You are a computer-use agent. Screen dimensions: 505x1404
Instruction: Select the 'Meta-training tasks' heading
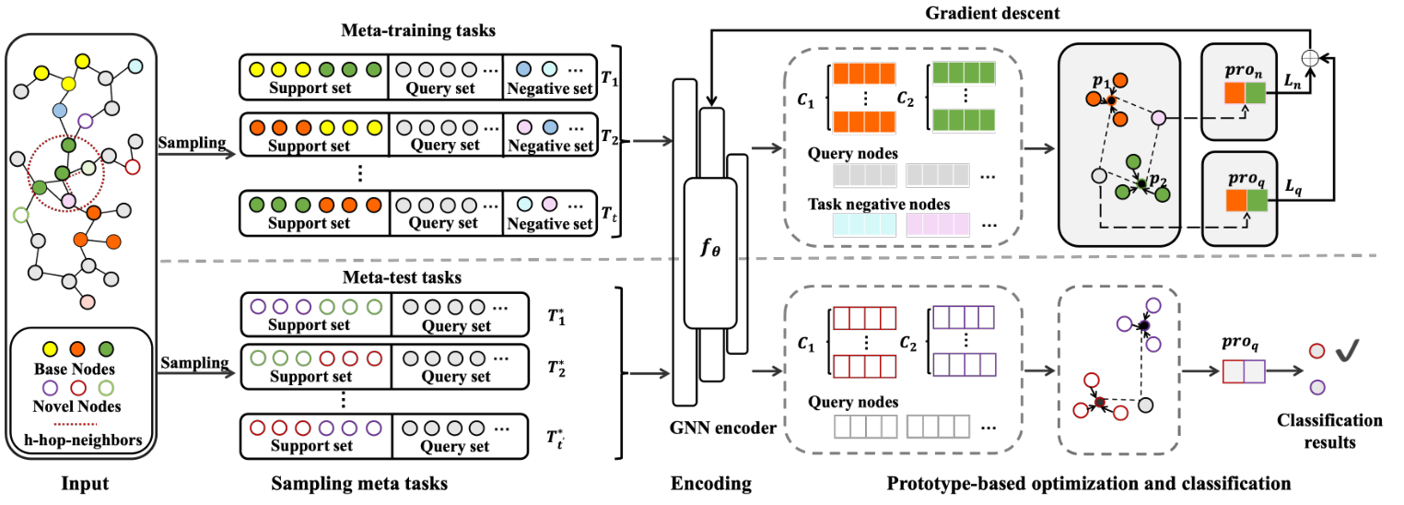click(416, 31)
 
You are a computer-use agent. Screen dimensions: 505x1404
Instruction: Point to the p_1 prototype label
click(1100, 83)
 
